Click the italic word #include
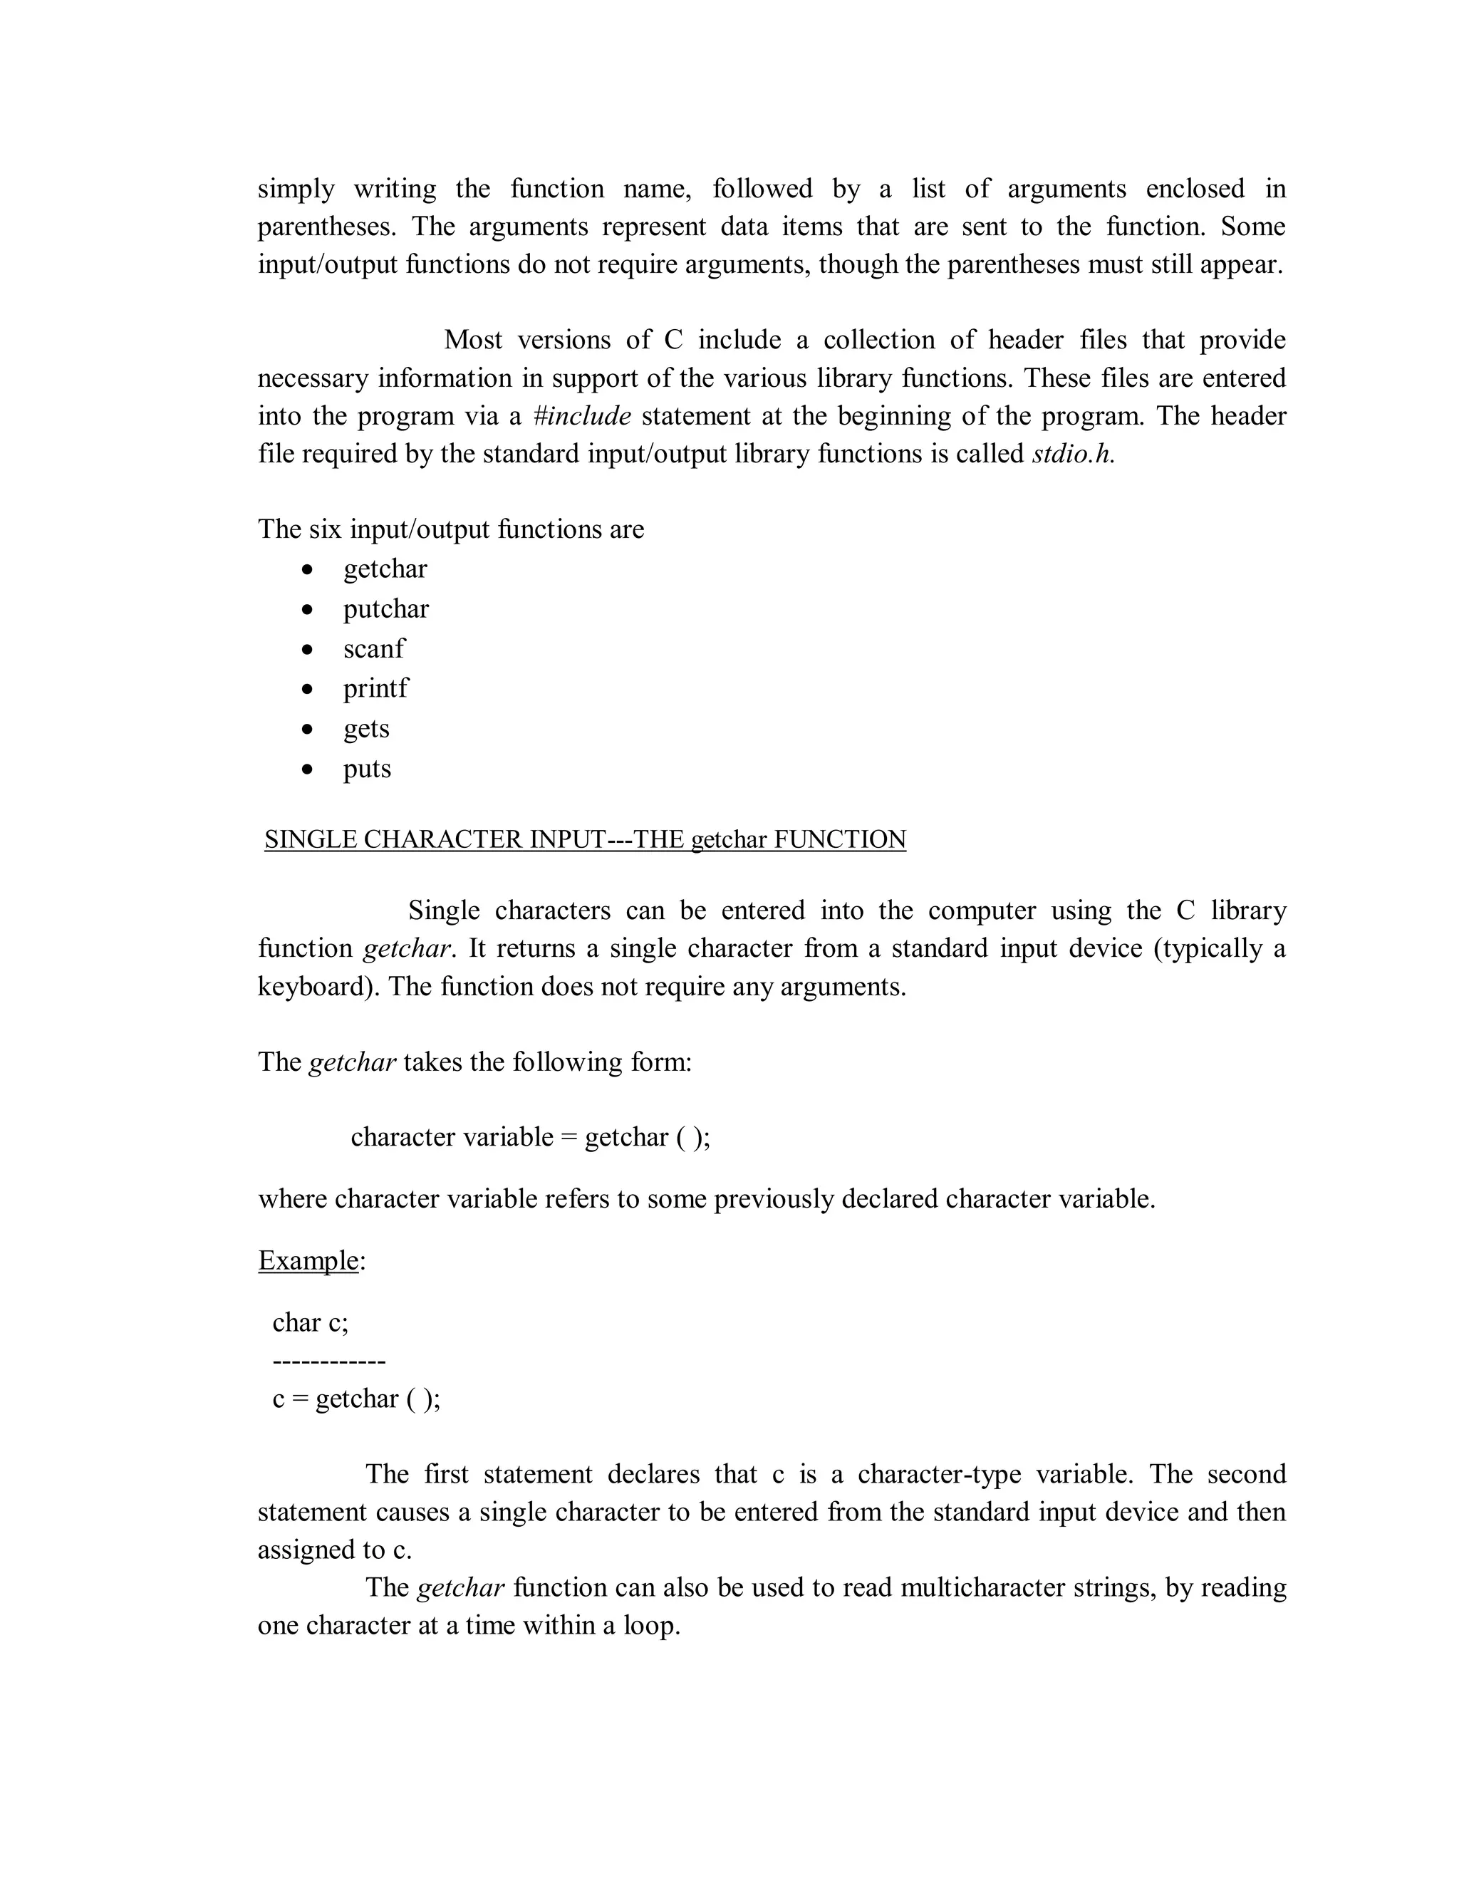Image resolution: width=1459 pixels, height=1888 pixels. (582, 417)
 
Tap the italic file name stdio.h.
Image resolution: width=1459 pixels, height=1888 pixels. (1073, 455)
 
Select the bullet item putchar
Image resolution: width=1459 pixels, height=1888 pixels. (385, 609)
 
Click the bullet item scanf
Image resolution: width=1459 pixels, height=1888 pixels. (373, 649)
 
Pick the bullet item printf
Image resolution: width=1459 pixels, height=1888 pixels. (375, 689)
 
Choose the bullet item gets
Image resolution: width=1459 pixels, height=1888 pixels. (366, 729)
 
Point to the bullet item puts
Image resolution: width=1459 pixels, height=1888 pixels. (366, 769)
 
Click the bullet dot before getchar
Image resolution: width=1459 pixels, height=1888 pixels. (307, 570)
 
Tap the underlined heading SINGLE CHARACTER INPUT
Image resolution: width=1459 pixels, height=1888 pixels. (585, 839)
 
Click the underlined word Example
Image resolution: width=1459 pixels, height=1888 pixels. (308, 1261)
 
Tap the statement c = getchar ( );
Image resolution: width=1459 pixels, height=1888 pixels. (356, 1399)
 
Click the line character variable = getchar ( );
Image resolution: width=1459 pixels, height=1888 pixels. (530, 1137)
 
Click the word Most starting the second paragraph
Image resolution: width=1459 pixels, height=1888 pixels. (473, 341)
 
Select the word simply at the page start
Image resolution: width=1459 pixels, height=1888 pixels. (296, 190)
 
